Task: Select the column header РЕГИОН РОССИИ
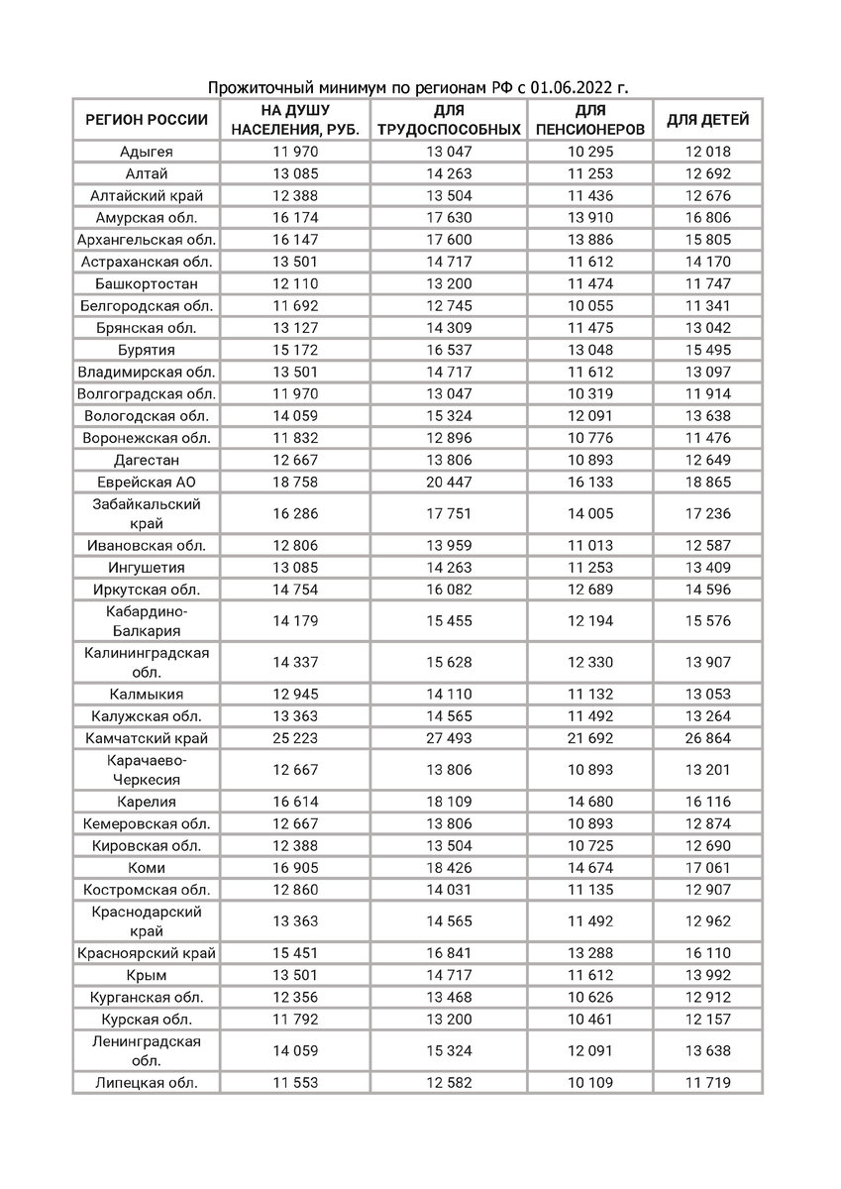pyautogui.click(x=147, y=120)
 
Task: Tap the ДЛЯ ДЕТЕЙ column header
pyautogui.click(x=707, y=120)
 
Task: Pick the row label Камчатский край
pyautogui.click(x=147, y=738)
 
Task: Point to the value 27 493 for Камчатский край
pyautogui.click(x=448, y=738)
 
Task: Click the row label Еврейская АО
pyautogui.click(x=147, y=481)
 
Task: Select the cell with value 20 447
pyautogui.click(x=448, y=481)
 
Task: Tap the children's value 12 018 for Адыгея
pyautogui.click(x=707, y=152)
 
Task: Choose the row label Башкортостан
pyautogui.click(x=147, y=283)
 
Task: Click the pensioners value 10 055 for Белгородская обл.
pyautogui.click(x=589, y=305)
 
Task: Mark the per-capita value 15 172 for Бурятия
pyautogui.click(x=295, y=350)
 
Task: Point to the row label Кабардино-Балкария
pyautogui.click(x=147, y=621)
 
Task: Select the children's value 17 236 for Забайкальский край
pyautogui.click(x=707, y=513)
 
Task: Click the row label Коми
pyautogui.click(x=147, y=867)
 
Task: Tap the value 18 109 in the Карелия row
pyautogui.click(x=448, y=803)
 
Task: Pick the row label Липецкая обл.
pyautogui.click(x=147, y=1083)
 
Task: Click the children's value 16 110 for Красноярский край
pyautogui.click(x=707, y=953)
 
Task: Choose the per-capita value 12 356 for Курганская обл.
pyautogui.click(x=295, y=997)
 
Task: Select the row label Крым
pyautogui.click(x=147, y=975)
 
